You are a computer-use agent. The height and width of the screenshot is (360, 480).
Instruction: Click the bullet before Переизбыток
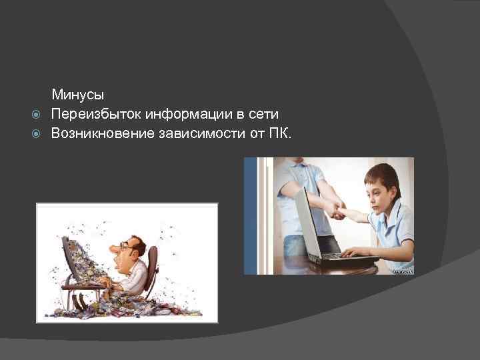[x=37, y=115]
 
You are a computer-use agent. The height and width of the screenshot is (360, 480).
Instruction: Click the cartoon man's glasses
[x=124, y=246]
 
